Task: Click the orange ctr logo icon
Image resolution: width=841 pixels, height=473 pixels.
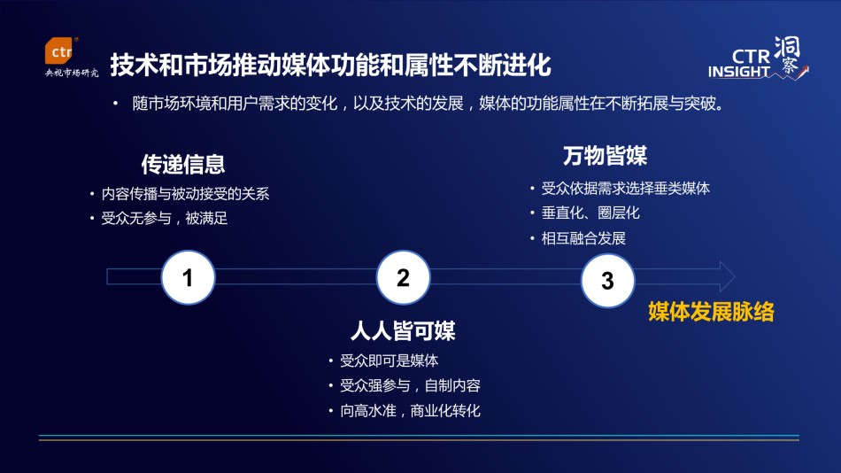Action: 60,51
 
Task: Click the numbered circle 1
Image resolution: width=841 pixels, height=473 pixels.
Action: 188,277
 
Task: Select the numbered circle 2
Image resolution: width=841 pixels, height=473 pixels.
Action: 403,277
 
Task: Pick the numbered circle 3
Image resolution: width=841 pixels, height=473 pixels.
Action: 607,280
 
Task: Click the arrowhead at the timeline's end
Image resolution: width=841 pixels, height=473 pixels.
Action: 727,276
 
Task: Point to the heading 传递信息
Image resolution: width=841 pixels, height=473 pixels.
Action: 183,164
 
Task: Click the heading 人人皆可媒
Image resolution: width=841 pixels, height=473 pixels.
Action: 403,330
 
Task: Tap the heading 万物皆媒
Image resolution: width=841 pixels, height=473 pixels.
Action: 605,156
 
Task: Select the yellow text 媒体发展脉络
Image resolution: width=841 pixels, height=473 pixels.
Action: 711,312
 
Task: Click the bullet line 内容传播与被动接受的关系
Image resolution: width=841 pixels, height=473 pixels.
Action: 186,194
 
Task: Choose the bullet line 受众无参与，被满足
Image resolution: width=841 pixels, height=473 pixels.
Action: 165,219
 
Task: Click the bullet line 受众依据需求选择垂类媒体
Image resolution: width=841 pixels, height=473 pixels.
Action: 625,189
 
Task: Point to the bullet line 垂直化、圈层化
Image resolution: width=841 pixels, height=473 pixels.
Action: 590,213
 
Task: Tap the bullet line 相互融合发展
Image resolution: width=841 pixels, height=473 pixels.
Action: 583,238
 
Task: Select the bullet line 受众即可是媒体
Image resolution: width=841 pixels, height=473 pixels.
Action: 389,361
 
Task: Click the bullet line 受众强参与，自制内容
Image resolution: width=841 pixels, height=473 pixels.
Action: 410,385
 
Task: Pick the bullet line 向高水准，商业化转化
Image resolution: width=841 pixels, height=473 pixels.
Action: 410,411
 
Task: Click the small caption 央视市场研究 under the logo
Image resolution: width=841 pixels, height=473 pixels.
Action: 72,73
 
